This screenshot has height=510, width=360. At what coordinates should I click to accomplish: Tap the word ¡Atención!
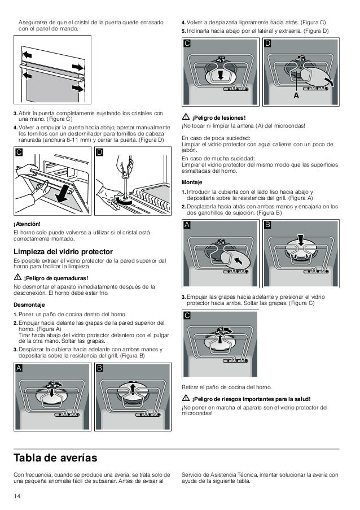(x=25, y=224)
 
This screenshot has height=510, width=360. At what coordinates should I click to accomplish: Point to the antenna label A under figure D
(x=296, y=96)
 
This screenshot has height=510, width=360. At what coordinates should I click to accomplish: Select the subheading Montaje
(x=191, y=182)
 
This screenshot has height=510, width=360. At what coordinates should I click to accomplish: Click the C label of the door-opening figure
(x=19, y=152)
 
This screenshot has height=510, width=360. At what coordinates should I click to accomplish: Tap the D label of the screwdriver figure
(x=100, y=152)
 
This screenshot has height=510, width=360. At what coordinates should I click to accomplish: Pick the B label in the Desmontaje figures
(x=100, y=368)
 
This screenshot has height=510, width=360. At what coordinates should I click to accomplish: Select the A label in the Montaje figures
(x=187, y=225)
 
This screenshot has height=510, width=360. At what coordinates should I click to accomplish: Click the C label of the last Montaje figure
(x=187, y=317)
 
